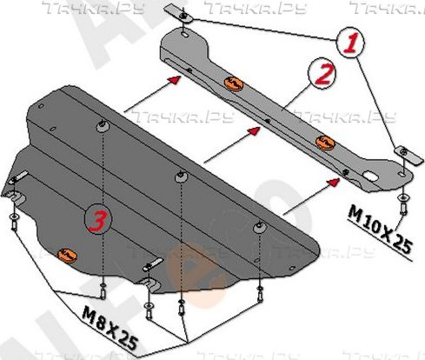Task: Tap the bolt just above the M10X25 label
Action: (402, 198)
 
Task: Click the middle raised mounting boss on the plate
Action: (181, 176)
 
